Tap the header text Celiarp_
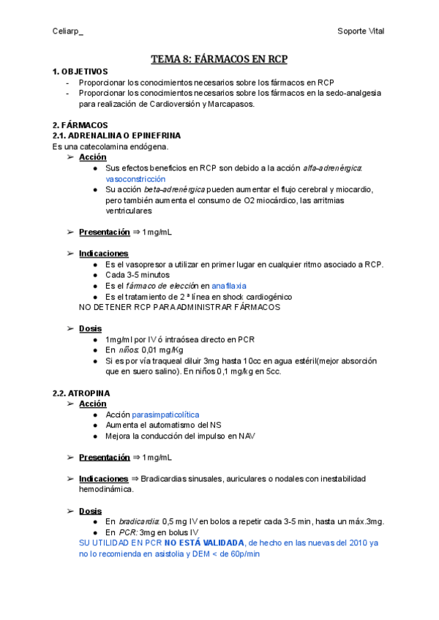tap(68, 31)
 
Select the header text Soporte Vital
tap(361, 31)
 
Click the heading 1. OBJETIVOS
tap(80, 72)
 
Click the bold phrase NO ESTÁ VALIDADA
tap(204, 543)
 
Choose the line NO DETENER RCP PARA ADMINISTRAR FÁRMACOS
tap(179, 307)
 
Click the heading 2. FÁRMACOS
tap(80, 125)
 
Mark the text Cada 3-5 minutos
tap(138, 275)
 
